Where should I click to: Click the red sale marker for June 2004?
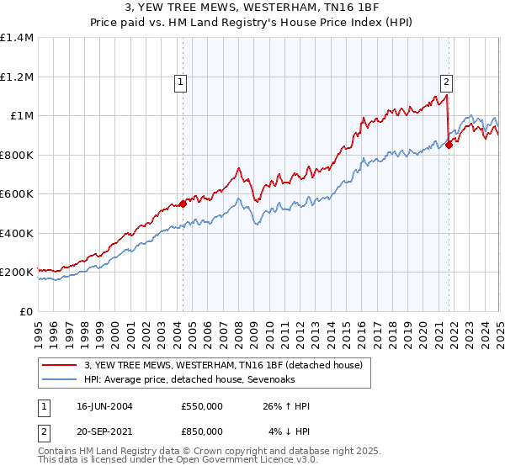pos(183,204)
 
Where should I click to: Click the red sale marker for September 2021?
pos(449,145)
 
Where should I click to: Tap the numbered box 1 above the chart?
pos(182,82)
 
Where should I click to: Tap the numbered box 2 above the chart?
pos(446,82)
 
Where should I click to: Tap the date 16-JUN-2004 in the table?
pos(104,406)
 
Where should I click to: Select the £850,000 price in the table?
pos(202,431)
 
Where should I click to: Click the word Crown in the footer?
pos(206,452)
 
